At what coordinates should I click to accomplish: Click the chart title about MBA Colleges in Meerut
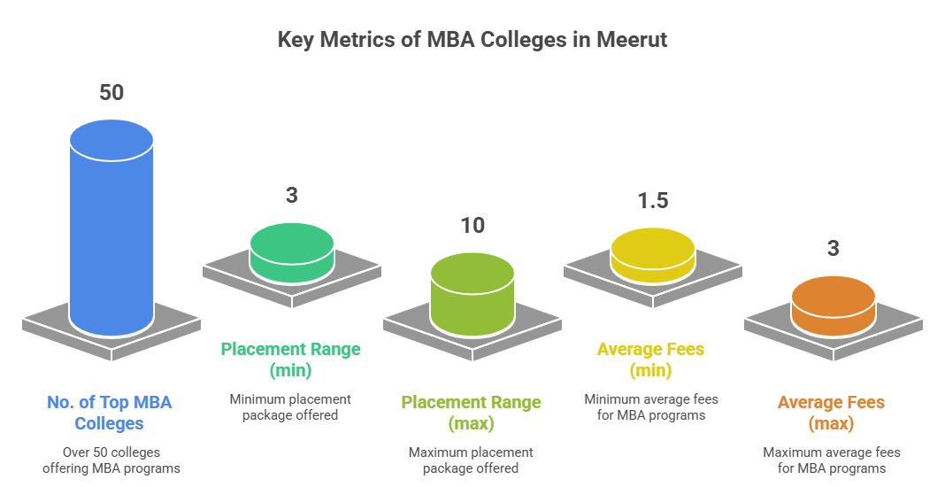coord(472,40)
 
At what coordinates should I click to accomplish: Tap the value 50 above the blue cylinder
coord(111,92)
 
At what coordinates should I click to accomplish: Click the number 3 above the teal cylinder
coord(291,196)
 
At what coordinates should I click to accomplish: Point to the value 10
coord(472,226)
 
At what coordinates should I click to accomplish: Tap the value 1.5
coord(653,200)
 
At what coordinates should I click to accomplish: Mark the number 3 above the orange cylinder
coord(834,248)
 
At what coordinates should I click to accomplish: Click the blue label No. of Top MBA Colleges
coord(110,413)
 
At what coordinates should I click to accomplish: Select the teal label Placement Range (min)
coord(291,359)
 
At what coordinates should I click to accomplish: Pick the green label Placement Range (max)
coord(472,413)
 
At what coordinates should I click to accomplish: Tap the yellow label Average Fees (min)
coord(651,359)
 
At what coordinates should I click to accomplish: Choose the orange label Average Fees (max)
coord(831,413)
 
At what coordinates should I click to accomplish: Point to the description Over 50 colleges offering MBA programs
coord(111,460)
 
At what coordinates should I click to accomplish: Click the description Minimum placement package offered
coord(291,407)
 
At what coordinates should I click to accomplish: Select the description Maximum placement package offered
coord(471,460)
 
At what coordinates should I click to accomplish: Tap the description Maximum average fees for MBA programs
coord(831,460)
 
